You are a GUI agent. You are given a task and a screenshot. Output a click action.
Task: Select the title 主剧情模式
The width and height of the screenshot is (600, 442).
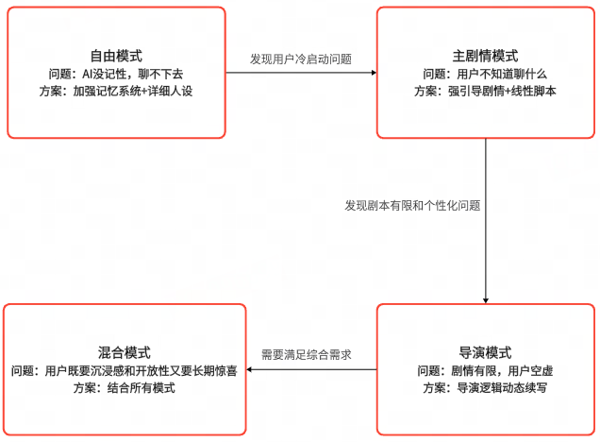pyautogui.click(x=485, y=56)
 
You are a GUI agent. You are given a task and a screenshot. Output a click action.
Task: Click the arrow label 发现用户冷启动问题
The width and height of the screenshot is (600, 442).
pyautogui.click(x=301, y=59)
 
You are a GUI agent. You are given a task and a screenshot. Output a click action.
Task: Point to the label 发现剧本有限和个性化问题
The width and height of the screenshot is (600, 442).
pyautogui.click(x=419, y=204)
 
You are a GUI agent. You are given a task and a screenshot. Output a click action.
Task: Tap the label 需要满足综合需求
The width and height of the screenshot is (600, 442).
pyautogui.click(x=306, y=355)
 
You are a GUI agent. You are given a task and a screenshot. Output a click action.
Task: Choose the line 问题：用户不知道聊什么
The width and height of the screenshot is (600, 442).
pyautogui.click(x=485, y=73)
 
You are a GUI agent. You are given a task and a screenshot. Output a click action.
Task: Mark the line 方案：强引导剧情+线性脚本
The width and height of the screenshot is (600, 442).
pyautogui.click(x=485, y=91)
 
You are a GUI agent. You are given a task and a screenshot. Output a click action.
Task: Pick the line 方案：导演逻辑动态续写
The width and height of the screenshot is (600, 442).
pyautogui.click(x=485, y=387)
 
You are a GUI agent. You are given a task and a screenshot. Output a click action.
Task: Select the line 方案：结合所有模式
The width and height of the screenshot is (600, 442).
pyautogui.click(x=125, y=387)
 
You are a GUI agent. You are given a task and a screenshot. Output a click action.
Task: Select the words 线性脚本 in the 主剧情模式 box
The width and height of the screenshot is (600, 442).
pyautogui.click(x=533, y=91)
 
